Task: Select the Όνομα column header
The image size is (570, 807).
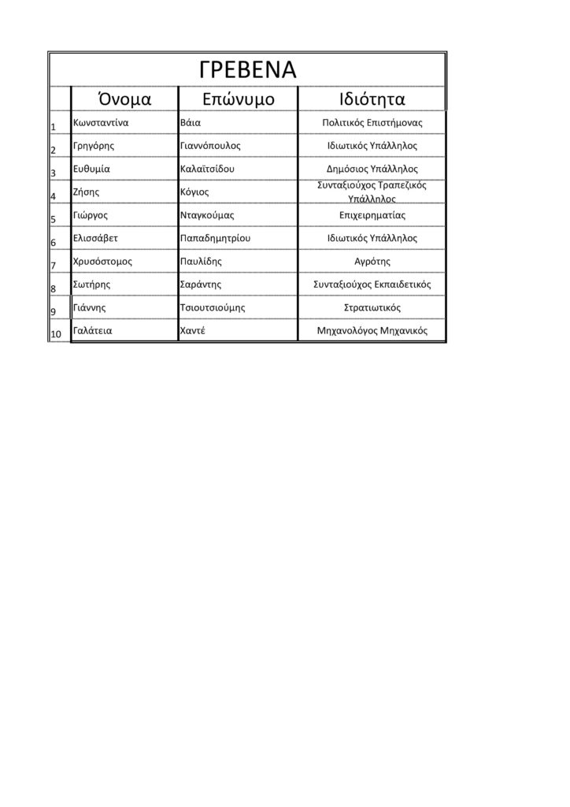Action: click(124, 99)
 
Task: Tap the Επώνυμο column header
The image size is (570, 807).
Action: click(238, 99)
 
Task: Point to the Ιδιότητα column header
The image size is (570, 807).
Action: click(372, 99)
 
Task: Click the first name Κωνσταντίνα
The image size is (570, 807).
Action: click(100, 123)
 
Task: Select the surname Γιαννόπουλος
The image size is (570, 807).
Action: click(210, 146)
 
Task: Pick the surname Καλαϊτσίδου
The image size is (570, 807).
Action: click(207, 169)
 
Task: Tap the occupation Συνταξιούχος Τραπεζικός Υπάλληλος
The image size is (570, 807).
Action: click(372, 192)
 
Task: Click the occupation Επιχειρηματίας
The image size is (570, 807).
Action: click(372, 214)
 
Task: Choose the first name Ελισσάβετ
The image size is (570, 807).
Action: click(95, 237)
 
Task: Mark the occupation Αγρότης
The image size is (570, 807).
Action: click(372, 261)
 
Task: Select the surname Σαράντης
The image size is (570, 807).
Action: click(200, 284)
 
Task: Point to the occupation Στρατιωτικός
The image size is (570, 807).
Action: click(372, 307)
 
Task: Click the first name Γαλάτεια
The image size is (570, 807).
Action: click(91, 330)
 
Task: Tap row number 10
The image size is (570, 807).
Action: click(57, 334)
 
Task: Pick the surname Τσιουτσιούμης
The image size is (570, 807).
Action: click(213, 307)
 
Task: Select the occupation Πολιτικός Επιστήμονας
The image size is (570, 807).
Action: click(372, 123)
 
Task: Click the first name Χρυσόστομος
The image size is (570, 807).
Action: click(102, 261)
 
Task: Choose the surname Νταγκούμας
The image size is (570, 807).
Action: click(207, 214)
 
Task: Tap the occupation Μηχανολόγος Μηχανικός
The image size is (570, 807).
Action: click(372, 331)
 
